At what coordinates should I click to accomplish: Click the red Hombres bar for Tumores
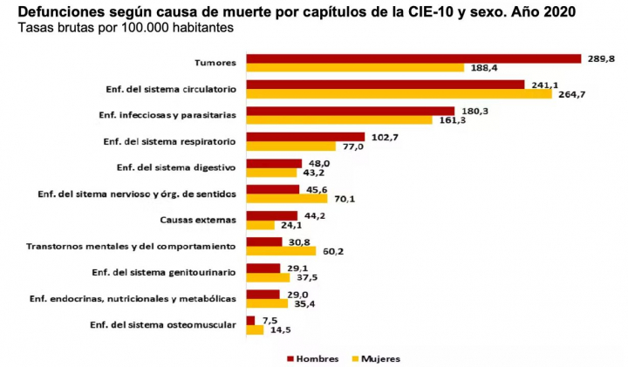[x=413, y=58]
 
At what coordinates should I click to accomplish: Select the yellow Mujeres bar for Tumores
[x=355, y=68]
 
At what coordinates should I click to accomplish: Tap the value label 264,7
[x=570, y=94]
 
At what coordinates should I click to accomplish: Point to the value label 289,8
[x=599, y=58]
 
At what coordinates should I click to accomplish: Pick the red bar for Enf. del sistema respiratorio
[x=305, y=137]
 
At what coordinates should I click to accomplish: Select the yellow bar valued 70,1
[x=286, y=199]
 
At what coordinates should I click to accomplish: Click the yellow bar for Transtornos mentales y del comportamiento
[x=281, y=251]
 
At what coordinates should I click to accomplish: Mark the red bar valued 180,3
[x=351, y=111]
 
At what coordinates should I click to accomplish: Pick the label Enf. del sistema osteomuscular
[x=163, y=324]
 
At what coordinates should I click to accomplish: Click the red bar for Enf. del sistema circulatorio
[x=386, y=85]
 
